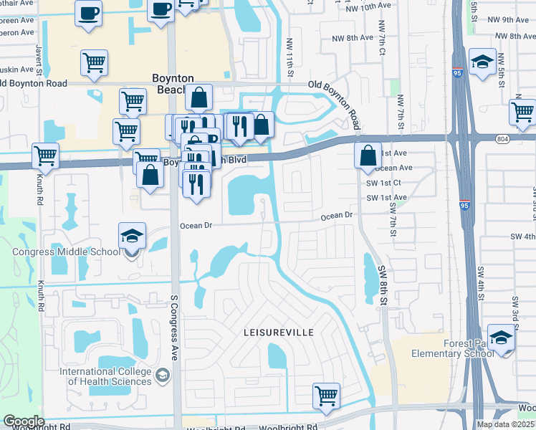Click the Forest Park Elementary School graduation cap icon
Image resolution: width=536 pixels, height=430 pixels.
(500, 336)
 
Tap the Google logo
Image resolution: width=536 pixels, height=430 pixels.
(23, 421)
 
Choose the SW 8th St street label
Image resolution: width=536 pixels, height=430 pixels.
(384, 282)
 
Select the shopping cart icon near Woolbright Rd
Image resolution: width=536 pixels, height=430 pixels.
(326, 395)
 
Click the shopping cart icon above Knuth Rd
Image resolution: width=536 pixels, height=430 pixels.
(46, 155)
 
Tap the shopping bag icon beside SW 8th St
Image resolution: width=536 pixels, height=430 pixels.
(368, 155)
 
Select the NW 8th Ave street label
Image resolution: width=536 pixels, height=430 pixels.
(352, 37)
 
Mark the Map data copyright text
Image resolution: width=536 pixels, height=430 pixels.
(504, 424)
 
